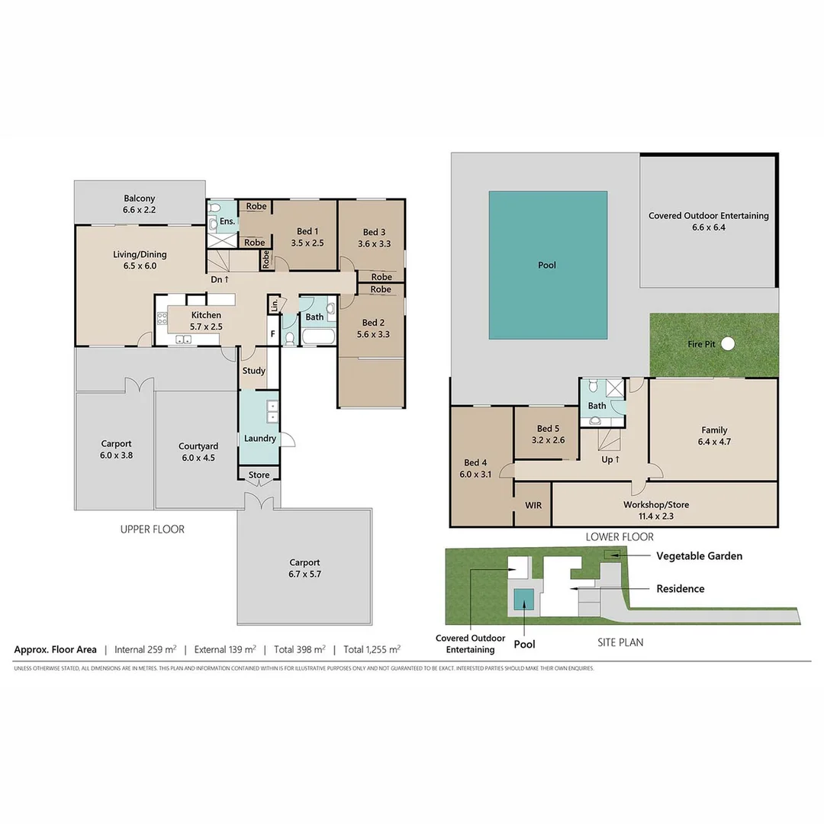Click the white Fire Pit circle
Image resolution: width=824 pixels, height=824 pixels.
728,344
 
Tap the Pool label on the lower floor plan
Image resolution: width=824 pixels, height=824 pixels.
547,266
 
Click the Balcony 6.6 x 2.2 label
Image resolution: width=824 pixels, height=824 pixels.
139,204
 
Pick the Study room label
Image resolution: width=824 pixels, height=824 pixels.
253,371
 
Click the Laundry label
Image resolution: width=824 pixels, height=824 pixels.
259,439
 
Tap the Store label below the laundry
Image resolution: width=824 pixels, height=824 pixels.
259,475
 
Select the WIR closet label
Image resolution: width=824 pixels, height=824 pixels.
533,505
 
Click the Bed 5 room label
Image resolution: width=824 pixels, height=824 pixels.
550,434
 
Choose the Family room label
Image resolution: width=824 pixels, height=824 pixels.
714,436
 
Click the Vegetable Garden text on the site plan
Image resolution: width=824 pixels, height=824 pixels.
699,556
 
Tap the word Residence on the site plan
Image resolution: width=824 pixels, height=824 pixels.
681,589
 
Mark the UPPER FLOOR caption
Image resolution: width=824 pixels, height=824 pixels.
153,529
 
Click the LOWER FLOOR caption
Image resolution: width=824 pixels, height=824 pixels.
620,537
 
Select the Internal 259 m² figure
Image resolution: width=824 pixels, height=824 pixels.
145,650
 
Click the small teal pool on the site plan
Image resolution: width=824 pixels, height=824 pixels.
523,600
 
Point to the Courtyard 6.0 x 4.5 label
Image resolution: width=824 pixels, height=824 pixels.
198,452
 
